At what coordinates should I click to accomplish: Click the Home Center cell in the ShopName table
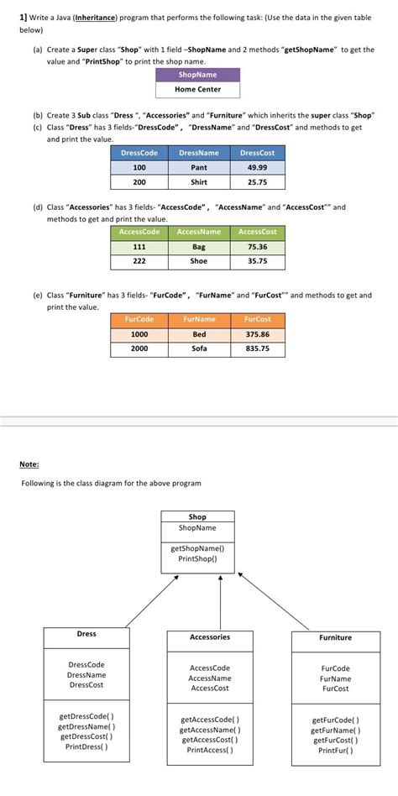197,89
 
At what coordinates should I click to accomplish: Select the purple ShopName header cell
197,75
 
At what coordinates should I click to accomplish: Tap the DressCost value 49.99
257,167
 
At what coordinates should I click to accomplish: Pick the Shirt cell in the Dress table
199,181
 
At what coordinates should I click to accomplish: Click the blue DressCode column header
139,153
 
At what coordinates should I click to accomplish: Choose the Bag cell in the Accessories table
199,247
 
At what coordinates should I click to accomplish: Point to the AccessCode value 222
139,261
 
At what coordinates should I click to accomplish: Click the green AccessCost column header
257,232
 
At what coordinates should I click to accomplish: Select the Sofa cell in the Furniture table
199,348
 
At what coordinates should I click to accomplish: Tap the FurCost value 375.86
257,333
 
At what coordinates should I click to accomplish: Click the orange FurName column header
199,319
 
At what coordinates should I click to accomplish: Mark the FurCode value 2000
139,348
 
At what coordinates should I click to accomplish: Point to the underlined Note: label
29,463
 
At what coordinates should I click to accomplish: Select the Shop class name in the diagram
197,517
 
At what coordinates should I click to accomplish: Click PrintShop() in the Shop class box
197,558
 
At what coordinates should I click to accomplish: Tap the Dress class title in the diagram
86,634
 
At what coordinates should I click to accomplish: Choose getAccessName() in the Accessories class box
210,730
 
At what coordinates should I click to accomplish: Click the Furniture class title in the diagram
335,638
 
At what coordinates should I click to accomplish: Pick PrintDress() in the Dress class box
86,746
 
